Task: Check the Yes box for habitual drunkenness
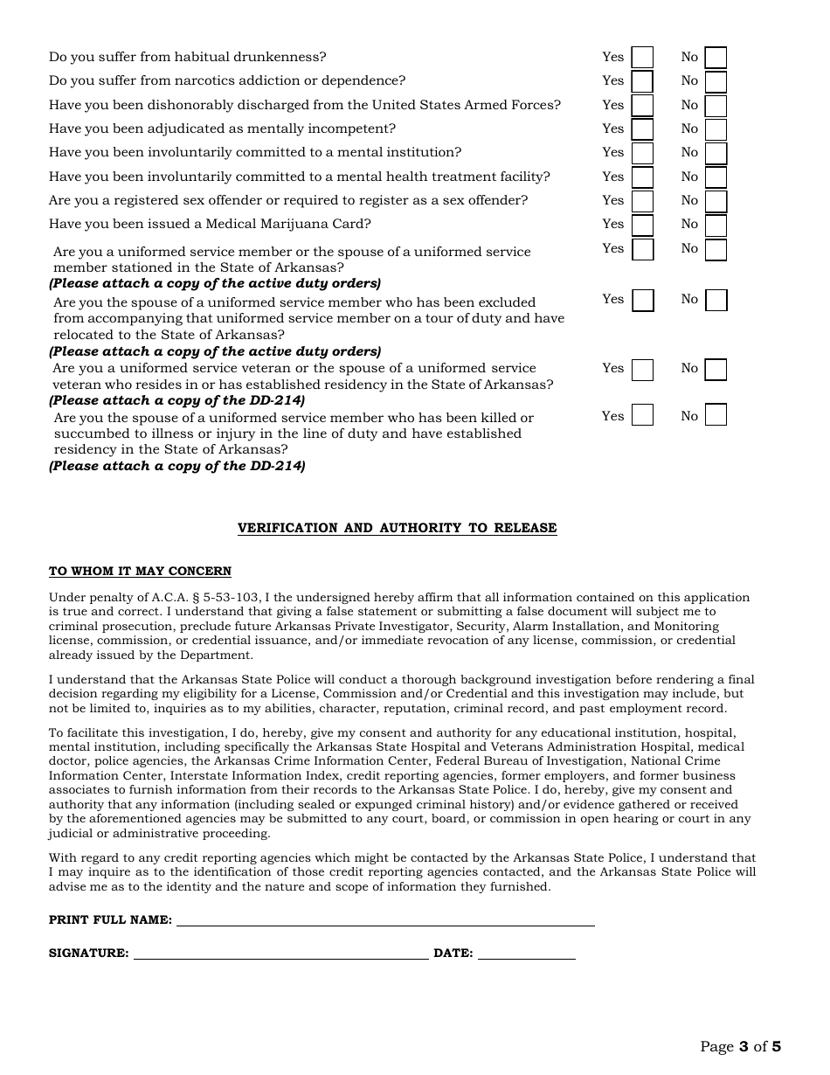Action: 642,58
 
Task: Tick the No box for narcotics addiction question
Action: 716,81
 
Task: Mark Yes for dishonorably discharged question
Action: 642,106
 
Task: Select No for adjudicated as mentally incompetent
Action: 716,129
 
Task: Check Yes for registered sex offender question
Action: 642,201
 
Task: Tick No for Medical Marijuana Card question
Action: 716,225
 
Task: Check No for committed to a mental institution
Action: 716,153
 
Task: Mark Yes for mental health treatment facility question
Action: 642,177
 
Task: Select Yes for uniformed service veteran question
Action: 642,370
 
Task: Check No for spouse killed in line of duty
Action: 716,414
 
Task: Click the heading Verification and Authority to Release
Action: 397,528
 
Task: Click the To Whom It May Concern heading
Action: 140,572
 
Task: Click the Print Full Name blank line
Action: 384,920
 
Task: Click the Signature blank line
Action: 280,954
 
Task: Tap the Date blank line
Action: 526,954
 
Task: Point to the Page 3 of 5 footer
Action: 740,1046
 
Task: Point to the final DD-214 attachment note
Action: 177,466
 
